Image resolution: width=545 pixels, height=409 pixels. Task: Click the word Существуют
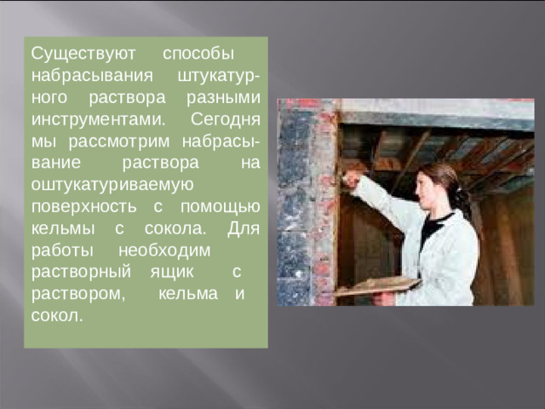pyautogui.click(x=72, y=53)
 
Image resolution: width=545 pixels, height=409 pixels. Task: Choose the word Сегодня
pyautogui.click(x=227, y=118)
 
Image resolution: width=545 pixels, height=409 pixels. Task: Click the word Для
pyautogui.click(x=244, y=228)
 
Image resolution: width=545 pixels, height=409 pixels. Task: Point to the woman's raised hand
pyautogui.click(x=348, y=179)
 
